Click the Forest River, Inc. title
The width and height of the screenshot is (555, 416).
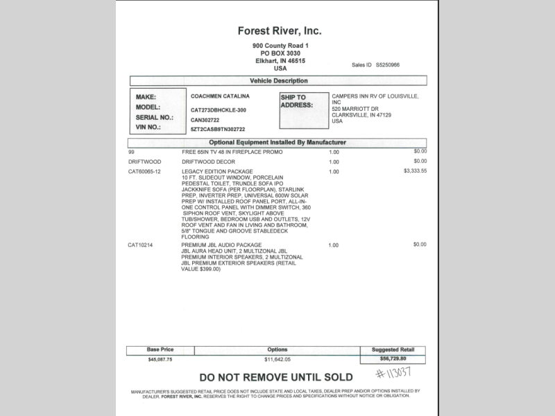(x=280, y=31)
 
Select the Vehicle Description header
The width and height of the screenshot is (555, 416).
(x=278, y=80)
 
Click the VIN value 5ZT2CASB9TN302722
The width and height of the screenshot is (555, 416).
(x=218, y=129)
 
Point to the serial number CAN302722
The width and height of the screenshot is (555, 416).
(x=205, y=119)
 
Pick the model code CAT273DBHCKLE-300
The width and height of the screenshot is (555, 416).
(x=218, y=110)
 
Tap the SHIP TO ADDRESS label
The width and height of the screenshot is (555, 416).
(x=296, y=101)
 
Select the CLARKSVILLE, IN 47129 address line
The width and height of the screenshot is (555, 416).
(x=361, y=115)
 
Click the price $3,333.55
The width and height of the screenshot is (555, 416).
(x=415, y=171)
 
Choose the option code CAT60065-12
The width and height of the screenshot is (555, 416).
(x=144, y=171)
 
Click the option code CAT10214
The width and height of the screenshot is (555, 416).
(x=141, y=245)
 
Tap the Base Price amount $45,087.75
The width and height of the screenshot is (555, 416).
(x=160, y=360)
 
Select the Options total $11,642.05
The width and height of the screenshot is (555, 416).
(x=277, y=360)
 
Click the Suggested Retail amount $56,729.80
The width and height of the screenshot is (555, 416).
(x=393, y=360)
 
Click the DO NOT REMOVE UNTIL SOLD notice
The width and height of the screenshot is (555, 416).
(x=276, y=378)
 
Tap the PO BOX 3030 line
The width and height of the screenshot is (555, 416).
(x=280, y=53)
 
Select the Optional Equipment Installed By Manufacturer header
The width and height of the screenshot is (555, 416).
(x=277, y=142)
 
